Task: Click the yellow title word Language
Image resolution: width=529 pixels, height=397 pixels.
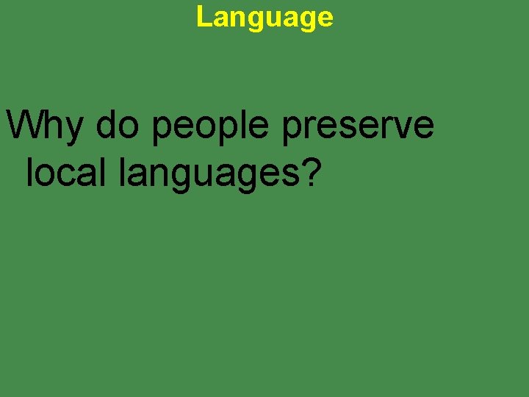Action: pyautogui.click(x=264, y=17)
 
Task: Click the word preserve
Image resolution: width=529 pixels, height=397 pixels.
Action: pyautogui.click(x=357, y=126)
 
